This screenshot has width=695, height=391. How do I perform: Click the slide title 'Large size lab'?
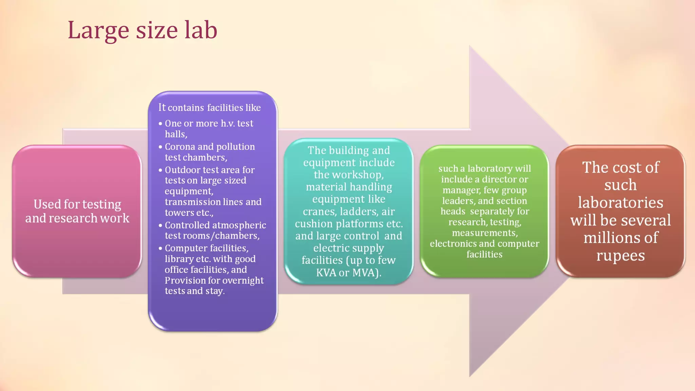pyautogui.click(x=142, y=30)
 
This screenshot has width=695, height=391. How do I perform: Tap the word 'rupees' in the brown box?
pyautogui.click(x=620, y=256)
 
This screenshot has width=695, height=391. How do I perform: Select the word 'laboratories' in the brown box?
pyautogui.click(x=620, y=203)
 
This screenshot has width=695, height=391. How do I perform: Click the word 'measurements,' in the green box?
pyautogui.click(x=485, y=233)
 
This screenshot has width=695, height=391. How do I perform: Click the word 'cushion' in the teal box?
pyautogui.click(x=314, y=224)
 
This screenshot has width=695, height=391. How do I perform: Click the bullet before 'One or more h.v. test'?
pyautogui.click(x=160, y=124)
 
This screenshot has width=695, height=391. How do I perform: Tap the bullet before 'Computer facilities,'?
pyautogui.click(x=160, y=248)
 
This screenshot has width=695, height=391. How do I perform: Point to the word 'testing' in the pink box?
pyautogui.click(x=101, y=205)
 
